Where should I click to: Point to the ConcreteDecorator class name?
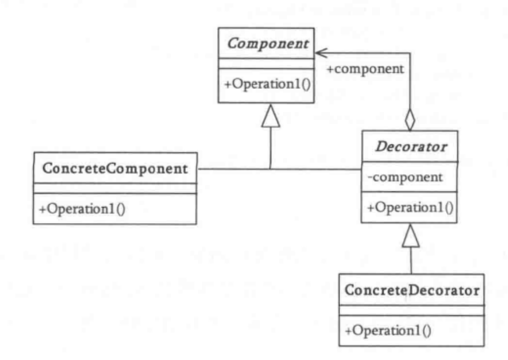point(411,290)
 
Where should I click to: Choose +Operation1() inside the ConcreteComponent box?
point(83,209)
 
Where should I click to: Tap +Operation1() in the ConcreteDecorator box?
point(389,330)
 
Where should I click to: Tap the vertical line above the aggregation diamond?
point(411,80)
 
